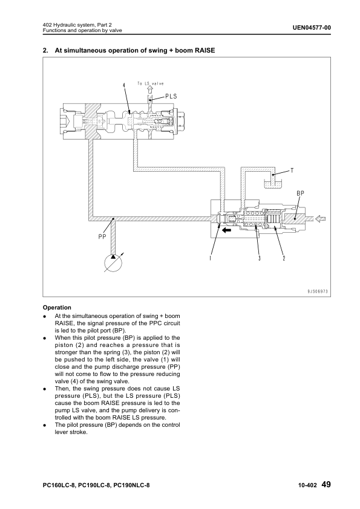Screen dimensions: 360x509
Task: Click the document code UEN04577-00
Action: (312, 28)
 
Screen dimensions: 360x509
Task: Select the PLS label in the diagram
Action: (171, 96)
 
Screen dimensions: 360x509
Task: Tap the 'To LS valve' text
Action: (151, 83)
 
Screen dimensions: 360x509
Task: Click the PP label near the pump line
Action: (102, 236)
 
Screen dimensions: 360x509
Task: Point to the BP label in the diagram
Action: (301, 193)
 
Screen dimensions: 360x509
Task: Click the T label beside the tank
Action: (292, 170)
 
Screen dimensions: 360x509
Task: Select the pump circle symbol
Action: (113, 263)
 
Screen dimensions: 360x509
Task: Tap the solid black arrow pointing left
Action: (226, 230)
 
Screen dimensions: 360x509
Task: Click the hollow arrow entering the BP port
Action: (320, 219)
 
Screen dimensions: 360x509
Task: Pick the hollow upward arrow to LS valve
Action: (150, 89)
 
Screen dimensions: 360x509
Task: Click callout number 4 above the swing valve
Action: (124, 85)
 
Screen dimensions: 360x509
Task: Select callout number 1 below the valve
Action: (211, 258)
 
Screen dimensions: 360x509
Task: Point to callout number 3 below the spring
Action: (260, 258)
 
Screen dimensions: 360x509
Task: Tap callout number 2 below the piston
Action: (284, 258)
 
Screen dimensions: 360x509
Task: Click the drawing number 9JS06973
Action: (318, 291)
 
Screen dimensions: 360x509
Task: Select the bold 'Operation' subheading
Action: (57, 308)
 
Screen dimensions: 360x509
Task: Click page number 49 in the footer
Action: (326, 485)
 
